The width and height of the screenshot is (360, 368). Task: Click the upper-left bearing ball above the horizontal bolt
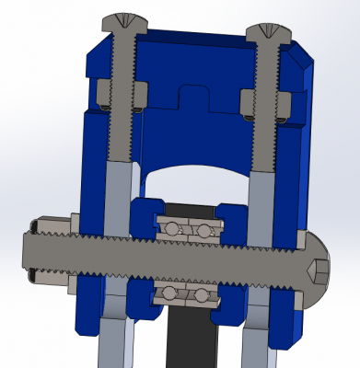click(x=171, y=226)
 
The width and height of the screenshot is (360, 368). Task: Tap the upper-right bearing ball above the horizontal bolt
click(x=201, y=229)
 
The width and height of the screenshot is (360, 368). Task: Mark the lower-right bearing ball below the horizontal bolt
click(x=200, y=295)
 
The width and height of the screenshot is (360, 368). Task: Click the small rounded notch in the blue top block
click(x=192, y=96)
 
